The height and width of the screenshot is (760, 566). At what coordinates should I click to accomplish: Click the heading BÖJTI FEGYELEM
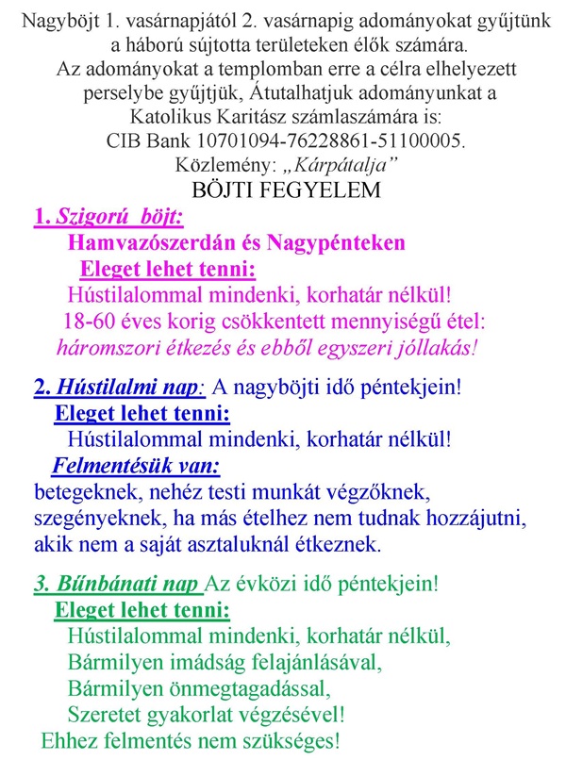(x=286, y=189)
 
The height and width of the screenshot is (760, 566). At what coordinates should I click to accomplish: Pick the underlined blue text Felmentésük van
(x=136, y=465)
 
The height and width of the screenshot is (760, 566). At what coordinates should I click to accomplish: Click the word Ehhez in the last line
(x=69, y=739)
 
